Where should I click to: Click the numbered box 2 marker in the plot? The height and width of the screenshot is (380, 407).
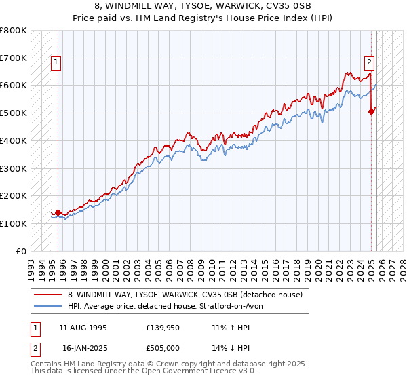[369, 63]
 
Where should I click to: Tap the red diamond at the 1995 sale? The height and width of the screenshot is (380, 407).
[58, 212]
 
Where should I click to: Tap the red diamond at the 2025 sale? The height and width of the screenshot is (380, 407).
[372, 112]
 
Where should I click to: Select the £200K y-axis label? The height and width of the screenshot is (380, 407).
[14, 196]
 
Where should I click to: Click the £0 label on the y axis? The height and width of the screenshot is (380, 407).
[21, 251]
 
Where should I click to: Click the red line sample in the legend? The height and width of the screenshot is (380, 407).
[48, 294]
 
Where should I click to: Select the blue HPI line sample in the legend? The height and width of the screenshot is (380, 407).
[48, 306]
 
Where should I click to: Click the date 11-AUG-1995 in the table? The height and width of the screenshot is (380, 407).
[83, 328]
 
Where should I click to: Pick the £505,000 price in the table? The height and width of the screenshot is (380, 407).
[166, 348]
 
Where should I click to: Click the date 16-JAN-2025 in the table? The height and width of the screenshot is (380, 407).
[83, 348]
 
